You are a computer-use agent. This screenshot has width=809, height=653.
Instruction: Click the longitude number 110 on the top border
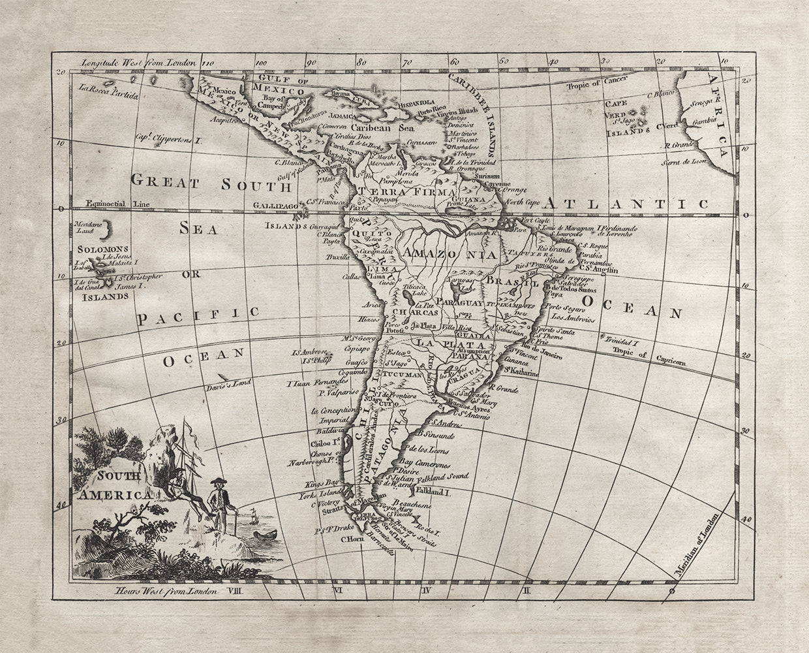point(207,64)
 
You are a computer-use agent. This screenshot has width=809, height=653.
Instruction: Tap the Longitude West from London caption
point(138,63)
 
